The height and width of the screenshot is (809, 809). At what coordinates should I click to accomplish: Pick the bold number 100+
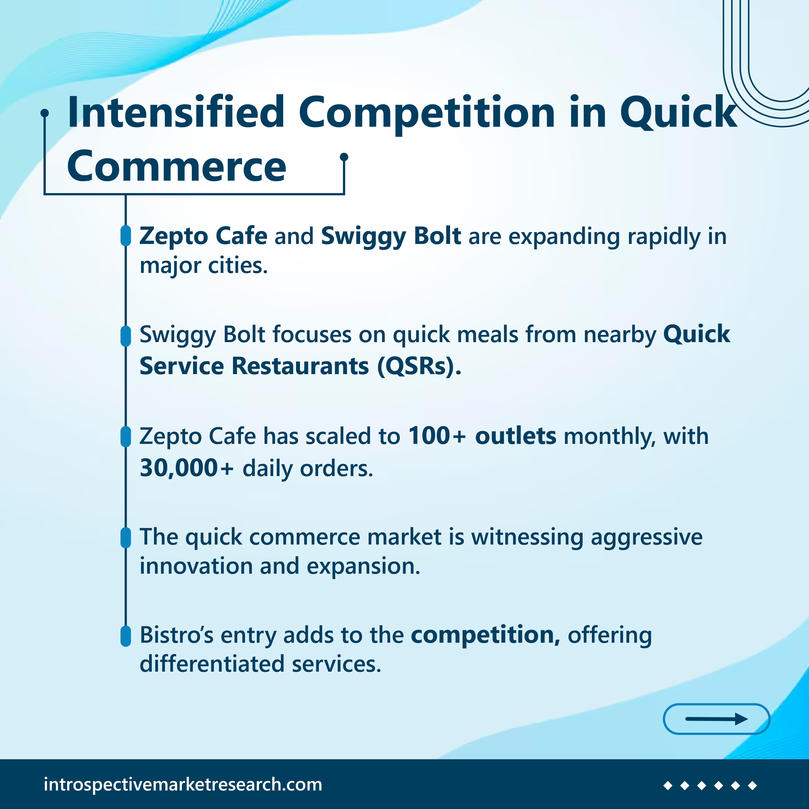[437, 436]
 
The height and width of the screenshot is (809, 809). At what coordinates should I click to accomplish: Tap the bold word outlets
[515, 436]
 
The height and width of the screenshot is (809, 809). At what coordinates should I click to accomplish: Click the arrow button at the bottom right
[716, 719]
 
